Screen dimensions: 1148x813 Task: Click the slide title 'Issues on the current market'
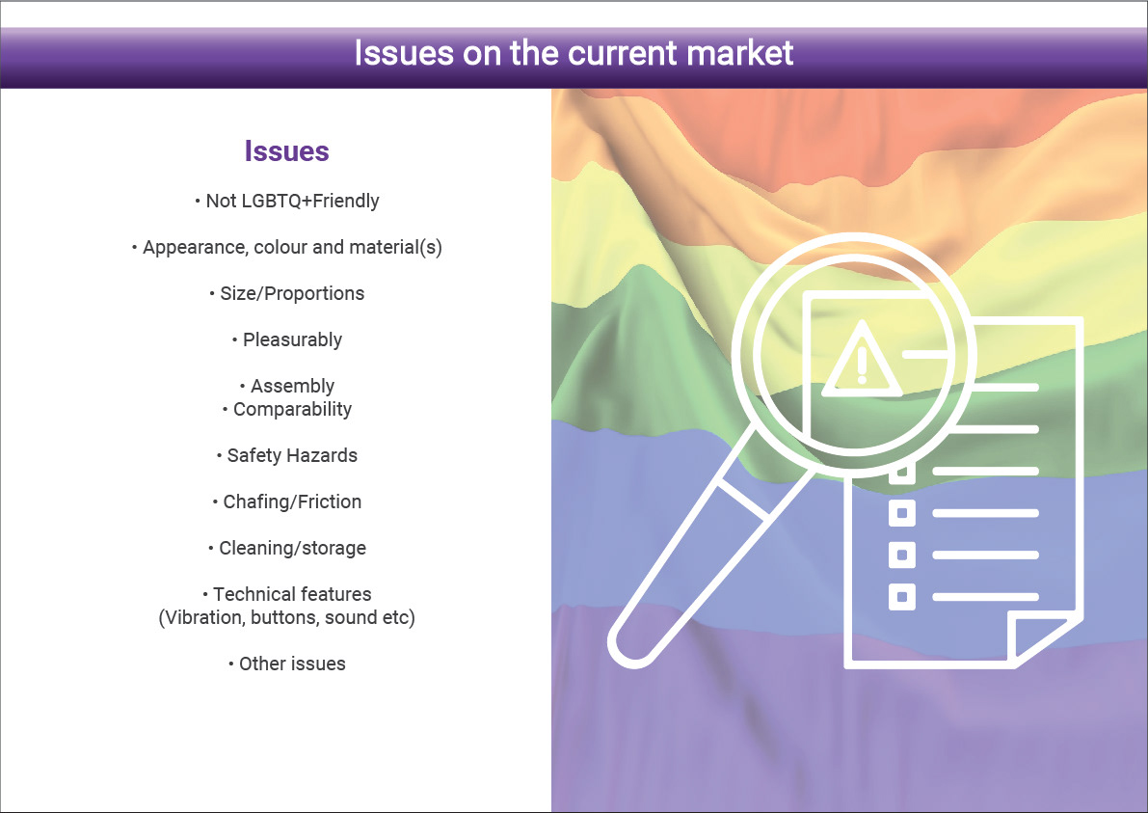tap(574, 53)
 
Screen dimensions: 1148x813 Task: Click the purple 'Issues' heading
tap(287, 150)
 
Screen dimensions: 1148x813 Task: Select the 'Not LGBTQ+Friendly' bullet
tap(287, 201)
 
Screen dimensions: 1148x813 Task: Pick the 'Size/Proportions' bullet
tap(287, 294)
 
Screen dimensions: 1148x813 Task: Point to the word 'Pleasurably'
tap(292, 339)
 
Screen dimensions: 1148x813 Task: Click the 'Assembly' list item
tap(287, 386)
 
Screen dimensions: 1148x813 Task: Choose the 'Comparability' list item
tap(287, 410)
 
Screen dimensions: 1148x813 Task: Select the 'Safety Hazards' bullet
tap(287, 455)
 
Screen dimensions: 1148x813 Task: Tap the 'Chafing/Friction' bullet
tap(287, 501)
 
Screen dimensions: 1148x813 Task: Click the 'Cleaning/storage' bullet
tap(287, 548)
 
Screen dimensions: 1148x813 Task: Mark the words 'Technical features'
tap(292, 594)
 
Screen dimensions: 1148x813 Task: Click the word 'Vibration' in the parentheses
tap(203, 617)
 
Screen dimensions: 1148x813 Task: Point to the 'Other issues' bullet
tap(287, 664)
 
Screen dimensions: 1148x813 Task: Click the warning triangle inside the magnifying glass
tap(862, 359)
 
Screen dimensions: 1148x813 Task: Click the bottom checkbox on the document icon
tap(902, 597)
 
